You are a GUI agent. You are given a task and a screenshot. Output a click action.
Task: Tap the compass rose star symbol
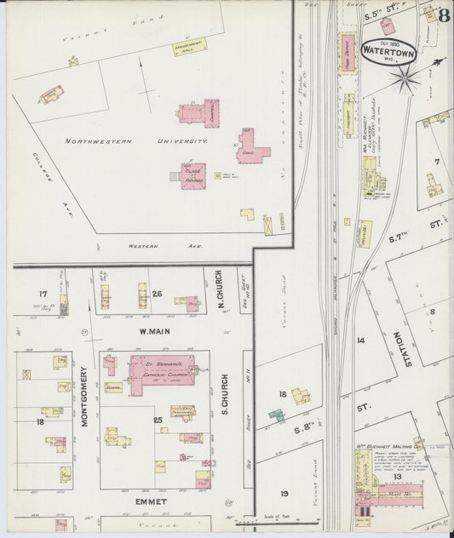[x=405, y=79]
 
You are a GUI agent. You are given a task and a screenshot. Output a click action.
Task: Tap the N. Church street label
[x=219, y=292]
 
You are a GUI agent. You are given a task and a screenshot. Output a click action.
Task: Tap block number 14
[x=360, y=340]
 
